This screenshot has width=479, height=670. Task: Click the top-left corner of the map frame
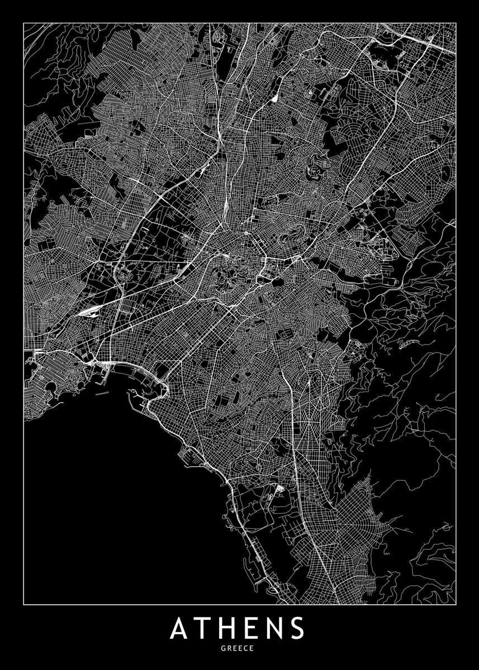coord(24,23)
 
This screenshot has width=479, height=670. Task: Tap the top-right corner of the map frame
coord(456,23)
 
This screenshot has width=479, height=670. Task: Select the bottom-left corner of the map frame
coord(24,604)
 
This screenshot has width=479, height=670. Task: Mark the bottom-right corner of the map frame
coord(456,604)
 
